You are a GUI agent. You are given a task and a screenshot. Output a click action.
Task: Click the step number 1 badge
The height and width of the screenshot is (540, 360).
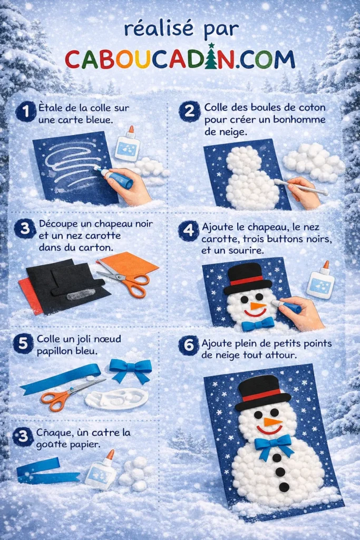point(22,112)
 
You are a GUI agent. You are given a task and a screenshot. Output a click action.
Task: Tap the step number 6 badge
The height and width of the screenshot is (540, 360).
point(188,345)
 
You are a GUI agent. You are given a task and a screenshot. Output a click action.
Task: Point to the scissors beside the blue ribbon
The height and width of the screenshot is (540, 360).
point(65,395)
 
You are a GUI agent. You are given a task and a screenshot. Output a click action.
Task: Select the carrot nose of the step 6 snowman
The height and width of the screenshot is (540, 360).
point(271,421)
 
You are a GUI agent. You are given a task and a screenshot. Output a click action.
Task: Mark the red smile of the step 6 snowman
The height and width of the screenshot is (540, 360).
point(269,430)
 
